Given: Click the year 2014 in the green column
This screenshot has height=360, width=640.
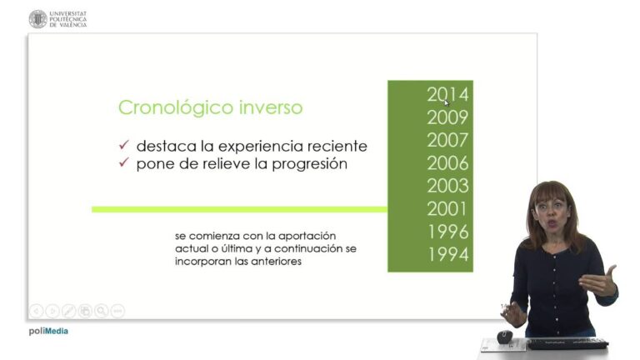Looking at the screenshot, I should coord(447,94).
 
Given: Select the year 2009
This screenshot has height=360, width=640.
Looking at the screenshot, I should coord(447,117).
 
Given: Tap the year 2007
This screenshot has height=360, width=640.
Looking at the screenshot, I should coord(447,140).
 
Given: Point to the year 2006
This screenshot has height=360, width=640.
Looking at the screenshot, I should coord(447,163).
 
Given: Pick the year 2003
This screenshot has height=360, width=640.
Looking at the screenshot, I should coord(447,186).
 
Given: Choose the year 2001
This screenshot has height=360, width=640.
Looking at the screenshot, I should coord(447,209).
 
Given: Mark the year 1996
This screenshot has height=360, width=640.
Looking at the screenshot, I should coord(447,232).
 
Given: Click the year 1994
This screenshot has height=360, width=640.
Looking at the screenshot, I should coord(447,255).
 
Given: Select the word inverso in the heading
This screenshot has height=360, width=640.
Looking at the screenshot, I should coord(267,108).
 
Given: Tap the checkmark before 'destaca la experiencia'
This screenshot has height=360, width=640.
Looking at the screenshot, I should coord(123,146).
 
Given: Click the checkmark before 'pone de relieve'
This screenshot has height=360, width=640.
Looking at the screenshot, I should coord(123,163).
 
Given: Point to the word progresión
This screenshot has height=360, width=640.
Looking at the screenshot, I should coord(306,164).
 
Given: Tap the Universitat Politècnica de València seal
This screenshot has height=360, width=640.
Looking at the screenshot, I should coord(37,18).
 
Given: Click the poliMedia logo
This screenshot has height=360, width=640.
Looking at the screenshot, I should coord(48,331).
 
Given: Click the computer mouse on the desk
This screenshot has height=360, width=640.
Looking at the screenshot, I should coord(504,336).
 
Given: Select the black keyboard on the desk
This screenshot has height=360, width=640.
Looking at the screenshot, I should coord(567,342).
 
